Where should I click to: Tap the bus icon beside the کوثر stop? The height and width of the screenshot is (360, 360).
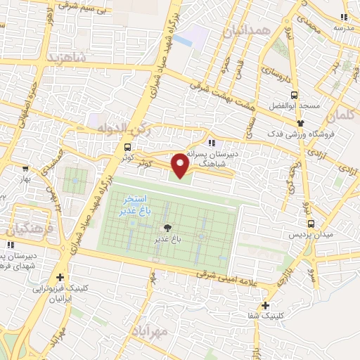pyautogui.click(x=127, y=148)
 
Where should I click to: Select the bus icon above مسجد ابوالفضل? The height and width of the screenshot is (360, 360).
pyautogui.click(x=294, y=95)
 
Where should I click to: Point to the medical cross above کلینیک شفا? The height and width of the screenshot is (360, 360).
pyautogui.click(x=265, y=305)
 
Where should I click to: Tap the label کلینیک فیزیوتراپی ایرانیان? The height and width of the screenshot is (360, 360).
pyautogui.click(x=60, y=294)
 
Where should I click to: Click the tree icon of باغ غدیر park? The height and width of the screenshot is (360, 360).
pyautogui.click(x=167, y=228)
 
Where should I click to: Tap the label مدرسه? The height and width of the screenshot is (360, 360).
pyautogui.click(x=342, y=27)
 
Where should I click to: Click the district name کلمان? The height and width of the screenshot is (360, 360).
pyautogui.click(x=342, y=112)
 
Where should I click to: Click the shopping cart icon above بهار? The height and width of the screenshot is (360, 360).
pyautogui.click(x=26, y=169)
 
